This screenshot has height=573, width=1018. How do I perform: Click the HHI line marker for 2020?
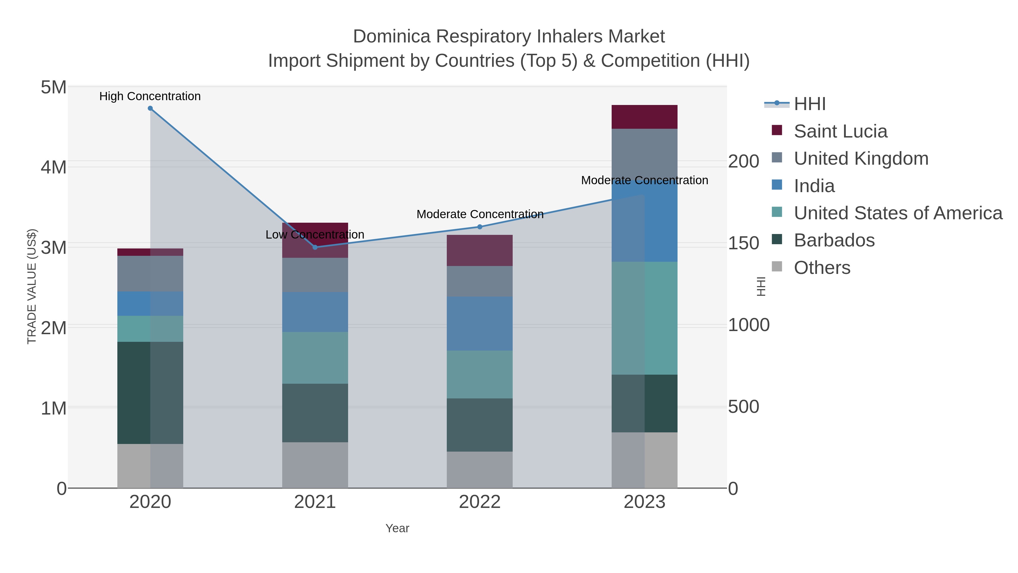click(x=150, y=108)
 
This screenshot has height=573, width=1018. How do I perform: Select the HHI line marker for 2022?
click(x=480, y=227)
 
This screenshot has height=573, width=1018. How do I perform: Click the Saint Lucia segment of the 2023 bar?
click(x=644, y=117)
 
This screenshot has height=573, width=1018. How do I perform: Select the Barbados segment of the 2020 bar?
click(x=150, y=393)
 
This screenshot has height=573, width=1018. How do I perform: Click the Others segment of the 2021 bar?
click(x=315, y=465)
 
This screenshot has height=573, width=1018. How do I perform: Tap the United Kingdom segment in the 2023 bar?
click(x=644, y=154)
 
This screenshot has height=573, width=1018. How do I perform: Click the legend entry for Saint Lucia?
click(x=840, y=131)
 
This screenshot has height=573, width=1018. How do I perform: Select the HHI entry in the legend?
click(x=809, y=104)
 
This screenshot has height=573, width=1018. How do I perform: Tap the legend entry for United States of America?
click(x=898, y=213)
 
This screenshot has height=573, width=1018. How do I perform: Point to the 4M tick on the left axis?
click(x=54, y=167)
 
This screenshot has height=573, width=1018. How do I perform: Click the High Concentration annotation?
click(x=150, y=96)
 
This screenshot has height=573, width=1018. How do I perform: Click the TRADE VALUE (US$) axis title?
click(x=32, y=286)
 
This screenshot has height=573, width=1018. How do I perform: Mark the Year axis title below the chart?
click(x=397, y=528)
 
